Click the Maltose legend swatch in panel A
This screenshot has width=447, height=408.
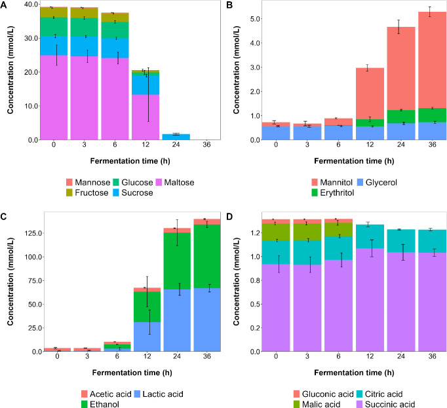coord(159,182)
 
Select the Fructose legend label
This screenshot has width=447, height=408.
coord(92,193)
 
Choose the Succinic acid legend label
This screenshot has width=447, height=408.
coord(390,404)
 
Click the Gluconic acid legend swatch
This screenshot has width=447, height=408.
coord(297,394)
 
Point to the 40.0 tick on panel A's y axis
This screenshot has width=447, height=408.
coord(31,5)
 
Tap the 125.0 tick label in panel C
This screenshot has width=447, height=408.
coord(33,233)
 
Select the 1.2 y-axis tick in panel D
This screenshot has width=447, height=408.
coord(256,233)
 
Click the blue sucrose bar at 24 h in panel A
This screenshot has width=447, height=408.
coord(176,137)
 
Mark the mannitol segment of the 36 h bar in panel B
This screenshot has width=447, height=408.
coord(432,60)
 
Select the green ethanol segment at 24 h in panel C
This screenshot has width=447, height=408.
coord(177,261)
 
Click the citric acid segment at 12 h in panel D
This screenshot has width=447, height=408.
coord(370,236)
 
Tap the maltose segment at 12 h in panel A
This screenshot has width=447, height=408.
coord(146,117)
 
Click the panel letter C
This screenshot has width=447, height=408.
coord(3,217)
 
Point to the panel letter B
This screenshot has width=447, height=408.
coord(229,5)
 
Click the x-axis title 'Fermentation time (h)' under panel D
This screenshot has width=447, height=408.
coord(354,373)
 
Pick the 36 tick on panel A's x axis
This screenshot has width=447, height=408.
coord(206,145)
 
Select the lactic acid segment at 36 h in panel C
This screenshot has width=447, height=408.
coord(207,320)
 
